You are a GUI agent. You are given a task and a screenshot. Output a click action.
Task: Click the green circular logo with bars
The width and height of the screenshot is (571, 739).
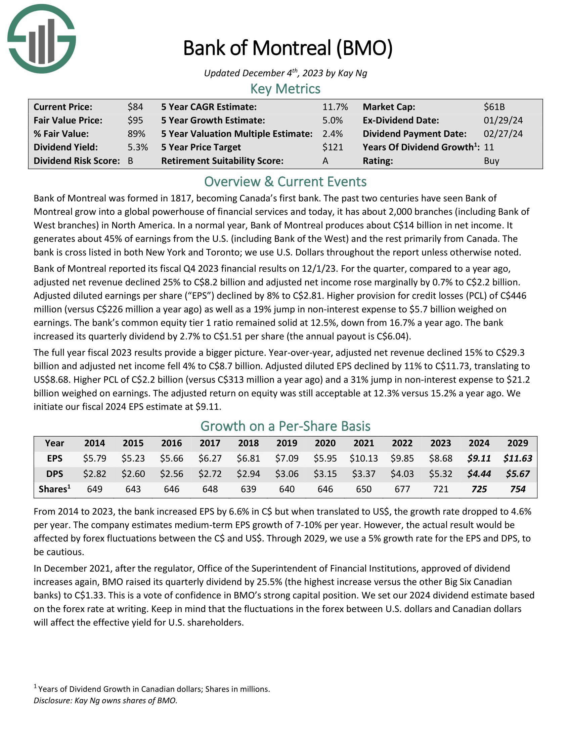click(41, 39)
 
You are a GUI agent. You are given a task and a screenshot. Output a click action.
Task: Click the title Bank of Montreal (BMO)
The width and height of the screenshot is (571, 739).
click(288, 48)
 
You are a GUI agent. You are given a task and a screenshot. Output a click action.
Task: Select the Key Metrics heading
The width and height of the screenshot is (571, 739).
click(285, 89)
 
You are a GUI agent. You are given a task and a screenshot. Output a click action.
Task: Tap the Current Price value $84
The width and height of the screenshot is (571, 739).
click(135, 107)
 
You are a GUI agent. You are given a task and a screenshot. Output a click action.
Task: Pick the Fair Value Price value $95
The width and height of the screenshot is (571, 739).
click(135, 121)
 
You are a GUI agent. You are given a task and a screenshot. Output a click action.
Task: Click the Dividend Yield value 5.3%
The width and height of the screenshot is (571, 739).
click(138, 147)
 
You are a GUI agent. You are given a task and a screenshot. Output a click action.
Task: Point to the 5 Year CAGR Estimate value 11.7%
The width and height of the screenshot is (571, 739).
click(335, 107)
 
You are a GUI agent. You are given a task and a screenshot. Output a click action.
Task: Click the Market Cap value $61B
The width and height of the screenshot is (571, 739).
click(494, 107)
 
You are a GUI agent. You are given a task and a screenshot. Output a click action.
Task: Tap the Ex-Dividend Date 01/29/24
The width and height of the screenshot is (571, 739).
click(503, 121)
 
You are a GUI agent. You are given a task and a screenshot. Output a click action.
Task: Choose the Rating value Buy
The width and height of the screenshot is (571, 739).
click(491, 161)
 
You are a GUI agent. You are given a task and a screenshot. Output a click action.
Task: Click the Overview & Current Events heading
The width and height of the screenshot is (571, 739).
click(285, 182)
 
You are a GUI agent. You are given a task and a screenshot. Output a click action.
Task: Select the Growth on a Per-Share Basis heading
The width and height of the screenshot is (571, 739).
click(285, 426)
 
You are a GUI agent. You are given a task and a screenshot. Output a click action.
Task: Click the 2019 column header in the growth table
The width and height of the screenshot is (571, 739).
click(287, 443)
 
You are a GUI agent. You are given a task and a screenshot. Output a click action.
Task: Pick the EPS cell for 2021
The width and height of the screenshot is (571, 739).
click(364, 459)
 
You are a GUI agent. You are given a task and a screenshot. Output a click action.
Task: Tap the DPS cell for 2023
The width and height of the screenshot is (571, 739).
click(440, 474)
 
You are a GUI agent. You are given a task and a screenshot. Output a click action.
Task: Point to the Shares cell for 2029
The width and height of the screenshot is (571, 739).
click(518, 489)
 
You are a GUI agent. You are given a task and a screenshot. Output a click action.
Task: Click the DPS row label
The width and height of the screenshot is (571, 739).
click(54, 474)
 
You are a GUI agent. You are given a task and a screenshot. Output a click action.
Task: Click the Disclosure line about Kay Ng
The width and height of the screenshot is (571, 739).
click(105, 700)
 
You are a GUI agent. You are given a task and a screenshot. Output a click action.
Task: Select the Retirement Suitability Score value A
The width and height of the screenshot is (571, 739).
click(325, 161)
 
